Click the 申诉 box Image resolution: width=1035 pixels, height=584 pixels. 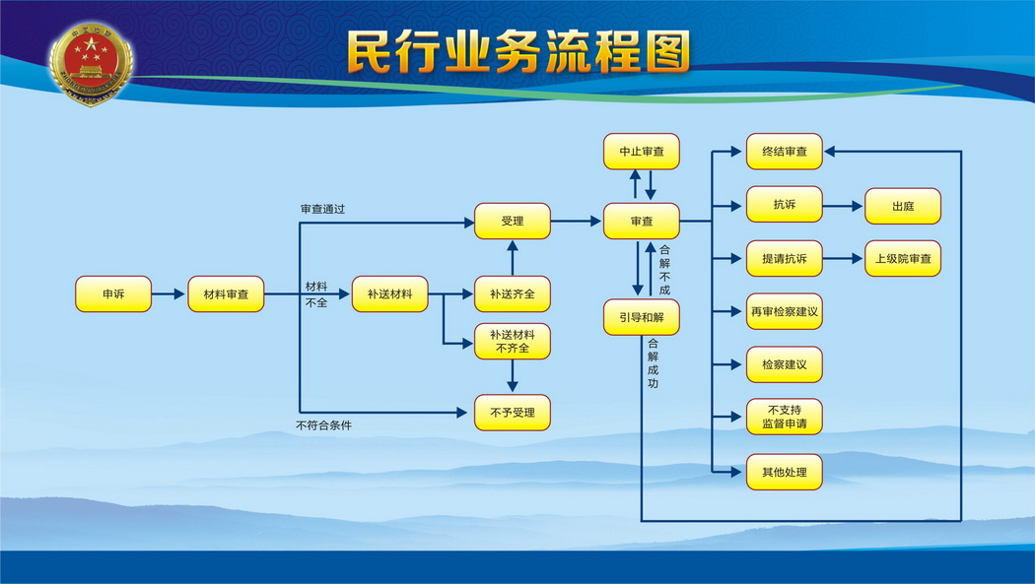pos(113,294)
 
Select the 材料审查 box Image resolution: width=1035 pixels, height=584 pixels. pos(226,294)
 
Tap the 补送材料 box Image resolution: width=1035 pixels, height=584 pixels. pos(389,294)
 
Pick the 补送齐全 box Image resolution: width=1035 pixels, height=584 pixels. pos(513,294)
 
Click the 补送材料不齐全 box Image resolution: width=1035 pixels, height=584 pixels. pos(513,342)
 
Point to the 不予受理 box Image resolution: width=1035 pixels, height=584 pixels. pos(513,413)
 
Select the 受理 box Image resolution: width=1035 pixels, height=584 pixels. pos(513,221)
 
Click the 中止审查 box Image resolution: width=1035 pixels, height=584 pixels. pos(642,152)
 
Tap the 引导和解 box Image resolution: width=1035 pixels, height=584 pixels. pos(642,317)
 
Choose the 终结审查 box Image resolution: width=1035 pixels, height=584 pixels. pos(785,152)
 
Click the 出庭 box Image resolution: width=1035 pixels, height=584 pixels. pos(903,206)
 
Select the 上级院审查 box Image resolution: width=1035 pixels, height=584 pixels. pos(903,258)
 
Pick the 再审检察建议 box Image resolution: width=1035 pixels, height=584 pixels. pos(785,311)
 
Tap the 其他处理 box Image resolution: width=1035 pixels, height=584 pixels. pos(785,472)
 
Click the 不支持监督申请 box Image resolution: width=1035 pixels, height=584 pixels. pos(785,417)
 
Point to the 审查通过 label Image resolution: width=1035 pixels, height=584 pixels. pos(322,209)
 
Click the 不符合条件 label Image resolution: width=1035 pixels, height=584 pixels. pos(324,425)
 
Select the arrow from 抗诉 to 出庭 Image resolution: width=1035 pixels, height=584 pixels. pos(843,206)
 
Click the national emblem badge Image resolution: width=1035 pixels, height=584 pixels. pos(91,63)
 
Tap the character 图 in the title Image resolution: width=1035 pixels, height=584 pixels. pos(667,51)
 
